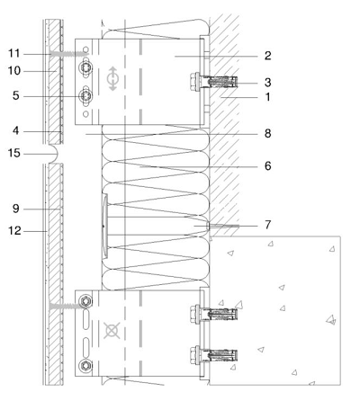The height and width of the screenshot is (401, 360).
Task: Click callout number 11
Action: click(x=13, y=53)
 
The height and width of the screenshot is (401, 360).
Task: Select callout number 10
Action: click(x=14, y=71)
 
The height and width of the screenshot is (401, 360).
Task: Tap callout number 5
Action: click(x=16, y=96)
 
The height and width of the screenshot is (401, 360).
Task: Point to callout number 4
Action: click(x=16, y=131)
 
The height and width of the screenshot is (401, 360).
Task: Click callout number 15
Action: click(x=13, y=153)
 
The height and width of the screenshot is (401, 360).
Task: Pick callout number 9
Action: click(x=16, y=209)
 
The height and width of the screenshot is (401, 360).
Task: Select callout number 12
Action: click(x=14, y=231)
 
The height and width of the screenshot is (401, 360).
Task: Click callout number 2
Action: click(x=267, y=56)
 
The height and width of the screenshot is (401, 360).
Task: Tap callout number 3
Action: click(x=267, y=82)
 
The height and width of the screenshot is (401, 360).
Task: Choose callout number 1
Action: click(x=267, y=97)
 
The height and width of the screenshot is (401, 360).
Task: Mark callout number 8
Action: click(x=267, y=133)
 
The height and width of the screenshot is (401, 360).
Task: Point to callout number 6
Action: click(x=267, y=165)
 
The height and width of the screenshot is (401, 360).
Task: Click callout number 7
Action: click(x=267, y=225)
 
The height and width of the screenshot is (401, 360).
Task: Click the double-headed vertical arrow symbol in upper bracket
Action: click(x=112, y=78)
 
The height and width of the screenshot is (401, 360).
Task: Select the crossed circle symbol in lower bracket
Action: click(x=112, y=331)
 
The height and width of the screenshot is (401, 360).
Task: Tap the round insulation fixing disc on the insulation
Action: click(x=104, y=226)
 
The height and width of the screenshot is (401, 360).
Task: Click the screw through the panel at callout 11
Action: click(x=69, y=54)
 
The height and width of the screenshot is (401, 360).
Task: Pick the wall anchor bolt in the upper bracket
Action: click(x=213, y=81)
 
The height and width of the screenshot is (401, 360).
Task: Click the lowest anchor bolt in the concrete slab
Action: click(x=213, y=355)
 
